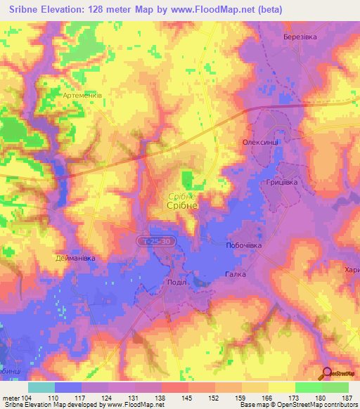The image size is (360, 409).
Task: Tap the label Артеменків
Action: (82, 94)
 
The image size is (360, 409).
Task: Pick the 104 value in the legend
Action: (27, 398)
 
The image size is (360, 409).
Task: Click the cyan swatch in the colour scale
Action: (41, 387)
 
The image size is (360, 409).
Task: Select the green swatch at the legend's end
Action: (335, 387)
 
